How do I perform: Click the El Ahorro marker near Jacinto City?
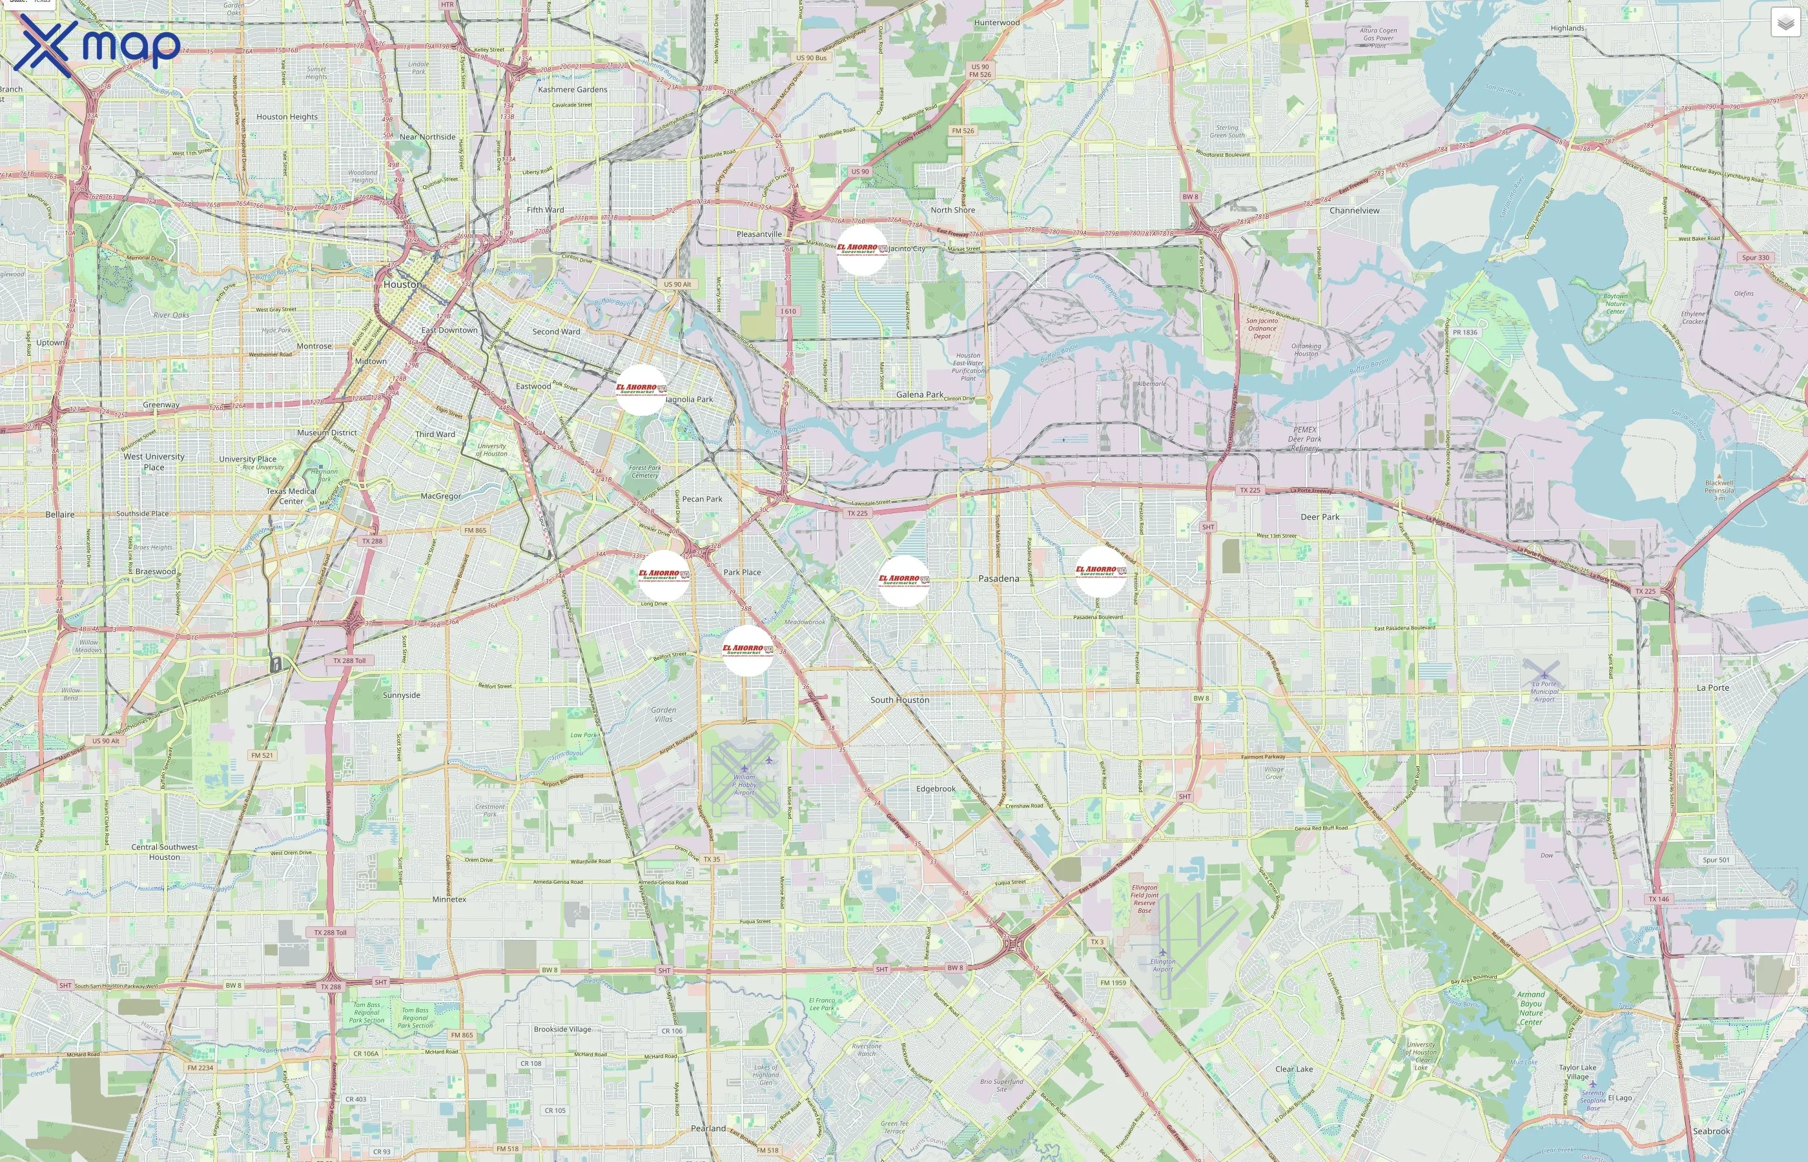point(862,250)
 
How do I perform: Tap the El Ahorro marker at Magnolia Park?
point(641,390)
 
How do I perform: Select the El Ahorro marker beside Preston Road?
point(1100,572)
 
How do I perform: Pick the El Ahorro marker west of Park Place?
point(663,576)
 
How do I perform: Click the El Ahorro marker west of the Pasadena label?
point(903,581)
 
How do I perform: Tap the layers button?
point(1785,23)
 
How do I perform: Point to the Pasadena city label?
point(998,578)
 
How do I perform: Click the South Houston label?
point(899,700)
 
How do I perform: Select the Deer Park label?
point(1320,517)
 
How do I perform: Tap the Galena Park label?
point(919,394)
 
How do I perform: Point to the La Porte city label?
point(1712,688)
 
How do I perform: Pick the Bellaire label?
point(59,515)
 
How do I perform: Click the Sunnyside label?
point(401,695)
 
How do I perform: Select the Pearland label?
point(708,1128)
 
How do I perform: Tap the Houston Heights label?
point(287,117)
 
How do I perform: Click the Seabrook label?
point(1710,1131)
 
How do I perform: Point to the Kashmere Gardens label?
point(572,90)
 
